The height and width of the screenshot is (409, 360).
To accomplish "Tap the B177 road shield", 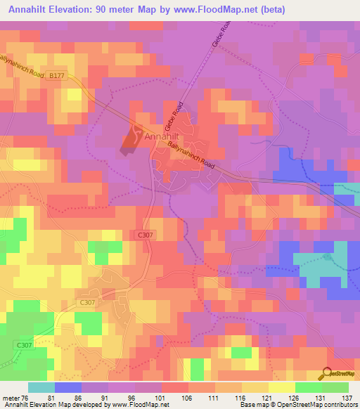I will click(58, 82).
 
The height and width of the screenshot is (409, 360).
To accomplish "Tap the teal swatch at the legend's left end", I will click(41, 387).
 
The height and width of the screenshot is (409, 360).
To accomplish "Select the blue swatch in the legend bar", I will click(68, 387).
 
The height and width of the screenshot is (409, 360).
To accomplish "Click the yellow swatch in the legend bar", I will click(282, 387).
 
